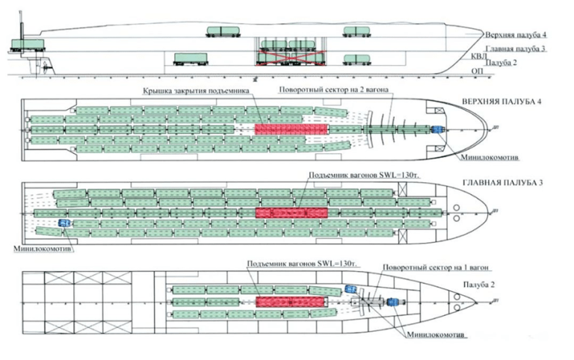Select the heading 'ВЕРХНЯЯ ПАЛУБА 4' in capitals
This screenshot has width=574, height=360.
(x=502, y=102)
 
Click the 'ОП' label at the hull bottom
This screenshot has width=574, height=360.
(x=476, y=71)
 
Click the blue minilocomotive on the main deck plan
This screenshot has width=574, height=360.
(x=64, y=222)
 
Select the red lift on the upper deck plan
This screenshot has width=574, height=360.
(x=291, y=128)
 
